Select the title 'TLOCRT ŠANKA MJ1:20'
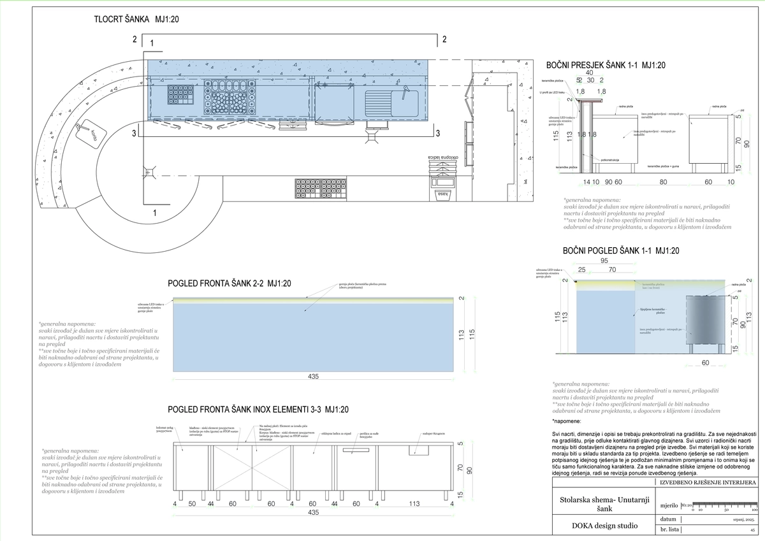click(x=136, y=20)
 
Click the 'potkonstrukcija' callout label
click(x=609, y=159)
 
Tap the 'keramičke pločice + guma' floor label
click(x=667, y=166)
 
